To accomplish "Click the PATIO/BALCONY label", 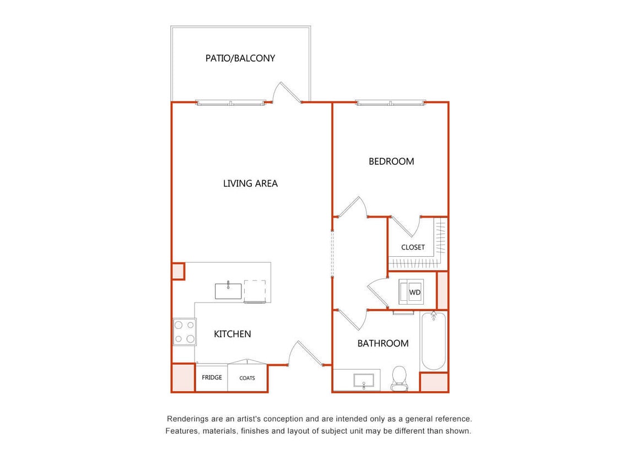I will click(240, 58).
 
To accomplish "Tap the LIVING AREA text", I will click(250, 183).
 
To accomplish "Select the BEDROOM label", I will click(391, 161).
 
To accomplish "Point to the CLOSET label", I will click(413, 247).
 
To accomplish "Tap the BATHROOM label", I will click(383, 343).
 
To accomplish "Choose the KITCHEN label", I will click(233, 334).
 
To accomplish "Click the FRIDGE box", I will click(212, 378).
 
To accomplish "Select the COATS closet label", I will click(247, 378).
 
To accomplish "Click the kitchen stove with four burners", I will click(185, 332).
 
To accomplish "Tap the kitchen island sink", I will click(228, 290).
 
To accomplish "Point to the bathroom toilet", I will click(398, 378).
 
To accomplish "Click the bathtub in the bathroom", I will click(433, 342).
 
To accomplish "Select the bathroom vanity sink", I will click(363, 380).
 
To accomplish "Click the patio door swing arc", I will click(287, 92).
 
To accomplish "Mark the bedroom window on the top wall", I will click(390, 102).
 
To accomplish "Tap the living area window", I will click(230, 102).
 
